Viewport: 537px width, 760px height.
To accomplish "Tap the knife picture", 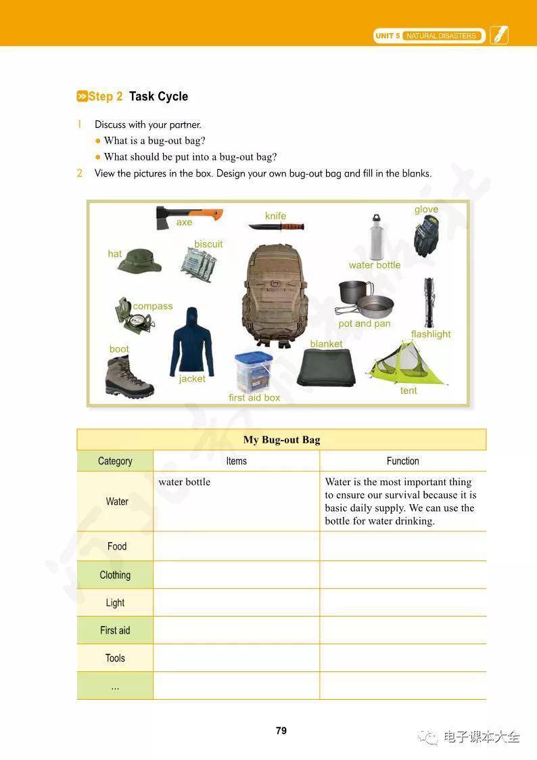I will pos(276,226).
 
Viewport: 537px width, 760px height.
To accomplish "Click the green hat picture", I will pos(139,261).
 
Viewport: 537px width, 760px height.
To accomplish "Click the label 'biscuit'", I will pos(208,244).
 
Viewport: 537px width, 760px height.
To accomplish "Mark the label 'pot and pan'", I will pos(365,323).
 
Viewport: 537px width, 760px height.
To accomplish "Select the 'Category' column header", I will pos(115,461).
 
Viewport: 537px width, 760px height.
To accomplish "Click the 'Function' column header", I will pos(403,461).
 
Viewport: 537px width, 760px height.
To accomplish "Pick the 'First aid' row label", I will pos(115,630).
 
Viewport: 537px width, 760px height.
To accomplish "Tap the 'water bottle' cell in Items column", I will pos(185,482).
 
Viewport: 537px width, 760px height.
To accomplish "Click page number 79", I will pos(281,730).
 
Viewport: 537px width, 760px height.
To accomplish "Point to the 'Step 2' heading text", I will pos(106,96).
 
